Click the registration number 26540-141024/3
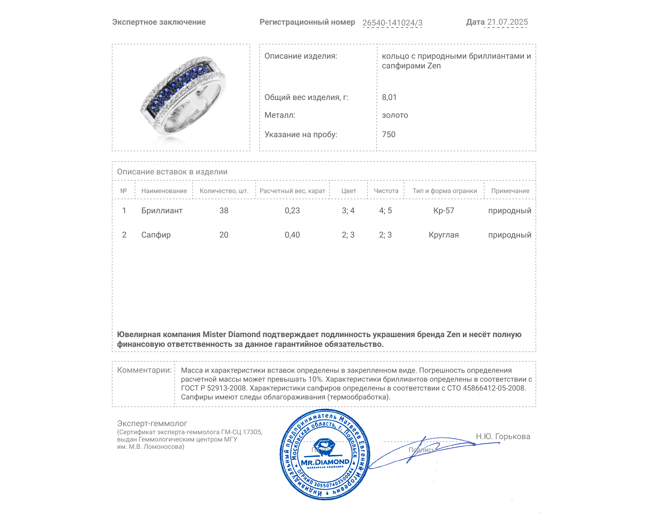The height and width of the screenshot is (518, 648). (x=392, y=23)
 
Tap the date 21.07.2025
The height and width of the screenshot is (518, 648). (x=507, y=22)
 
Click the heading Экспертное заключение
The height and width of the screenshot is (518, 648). (x=159, y=22)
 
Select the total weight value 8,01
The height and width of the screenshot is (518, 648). (x=389, y=97)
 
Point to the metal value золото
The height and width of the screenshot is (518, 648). (x=395, y=115)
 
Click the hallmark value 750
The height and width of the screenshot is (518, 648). (x=388, y=134)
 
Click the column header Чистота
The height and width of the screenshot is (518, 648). (x=386, y=191)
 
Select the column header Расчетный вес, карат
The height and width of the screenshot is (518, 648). (x=292, y=191)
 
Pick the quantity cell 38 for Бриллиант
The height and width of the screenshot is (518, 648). (x=224, y=210)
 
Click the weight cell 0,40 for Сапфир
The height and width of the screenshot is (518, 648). (x=292, y=235)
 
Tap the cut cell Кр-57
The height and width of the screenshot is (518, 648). (x=443, y=210)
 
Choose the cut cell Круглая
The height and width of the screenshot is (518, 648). (x=443, y=235)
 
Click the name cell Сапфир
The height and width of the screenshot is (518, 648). (x=156, y=235)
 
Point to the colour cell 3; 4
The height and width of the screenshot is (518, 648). (x=348, y=210)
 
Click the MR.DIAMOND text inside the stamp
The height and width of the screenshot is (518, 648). (x=325, y=462)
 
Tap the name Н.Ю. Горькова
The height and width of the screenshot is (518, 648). (x=503, y=436)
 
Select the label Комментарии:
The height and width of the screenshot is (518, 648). (x=144, y=370)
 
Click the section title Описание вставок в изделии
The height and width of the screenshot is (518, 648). (x=172, y=172)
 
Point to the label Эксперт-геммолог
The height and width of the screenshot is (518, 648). (x=152, y=423)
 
